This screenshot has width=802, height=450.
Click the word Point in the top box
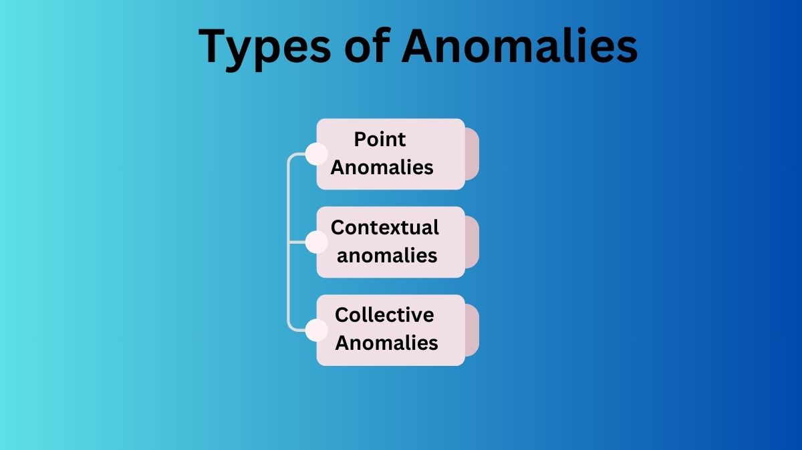coord(380,140)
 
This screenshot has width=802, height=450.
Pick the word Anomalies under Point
coord(382,167)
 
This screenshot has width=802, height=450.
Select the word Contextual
coord(385,228)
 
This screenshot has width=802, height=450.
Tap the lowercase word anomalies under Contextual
coord(387,255)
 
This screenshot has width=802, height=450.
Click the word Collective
coord(384,314)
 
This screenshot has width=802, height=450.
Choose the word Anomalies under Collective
coord(386,343)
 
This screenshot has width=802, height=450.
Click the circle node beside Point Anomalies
coord(316,154)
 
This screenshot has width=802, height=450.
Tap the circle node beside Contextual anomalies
coord(316,242)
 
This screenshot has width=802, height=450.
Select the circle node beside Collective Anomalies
coord(316,330)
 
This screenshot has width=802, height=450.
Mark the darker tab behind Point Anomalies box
coord(473,154)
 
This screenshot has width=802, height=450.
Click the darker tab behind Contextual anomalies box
coord(473,242)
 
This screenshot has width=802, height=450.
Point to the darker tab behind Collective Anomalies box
coord(473,330)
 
